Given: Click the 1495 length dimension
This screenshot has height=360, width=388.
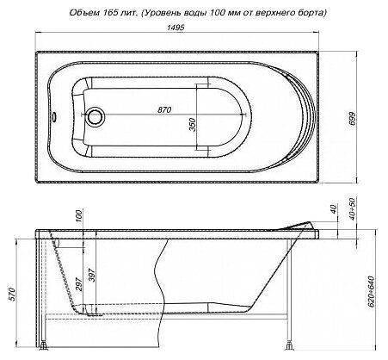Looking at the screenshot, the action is pos(175,27).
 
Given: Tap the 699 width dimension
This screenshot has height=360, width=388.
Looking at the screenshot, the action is pos(353,118).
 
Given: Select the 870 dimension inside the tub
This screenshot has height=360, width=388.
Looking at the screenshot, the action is pos(164,109).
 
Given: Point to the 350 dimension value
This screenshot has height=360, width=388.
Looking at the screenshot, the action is pos(193,125).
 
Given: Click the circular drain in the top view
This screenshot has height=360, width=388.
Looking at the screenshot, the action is pos(95,117).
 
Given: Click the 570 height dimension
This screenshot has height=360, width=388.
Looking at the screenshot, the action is pos(13,294).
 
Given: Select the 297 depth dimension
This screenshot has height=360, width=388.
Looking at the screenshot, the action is pos(80,283).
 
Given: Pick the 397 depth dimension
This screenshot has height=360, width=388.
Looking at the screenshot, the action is pos(91,275).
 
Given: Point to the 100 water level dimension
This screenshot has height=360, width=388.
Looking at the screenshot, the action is pos(80,215).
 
